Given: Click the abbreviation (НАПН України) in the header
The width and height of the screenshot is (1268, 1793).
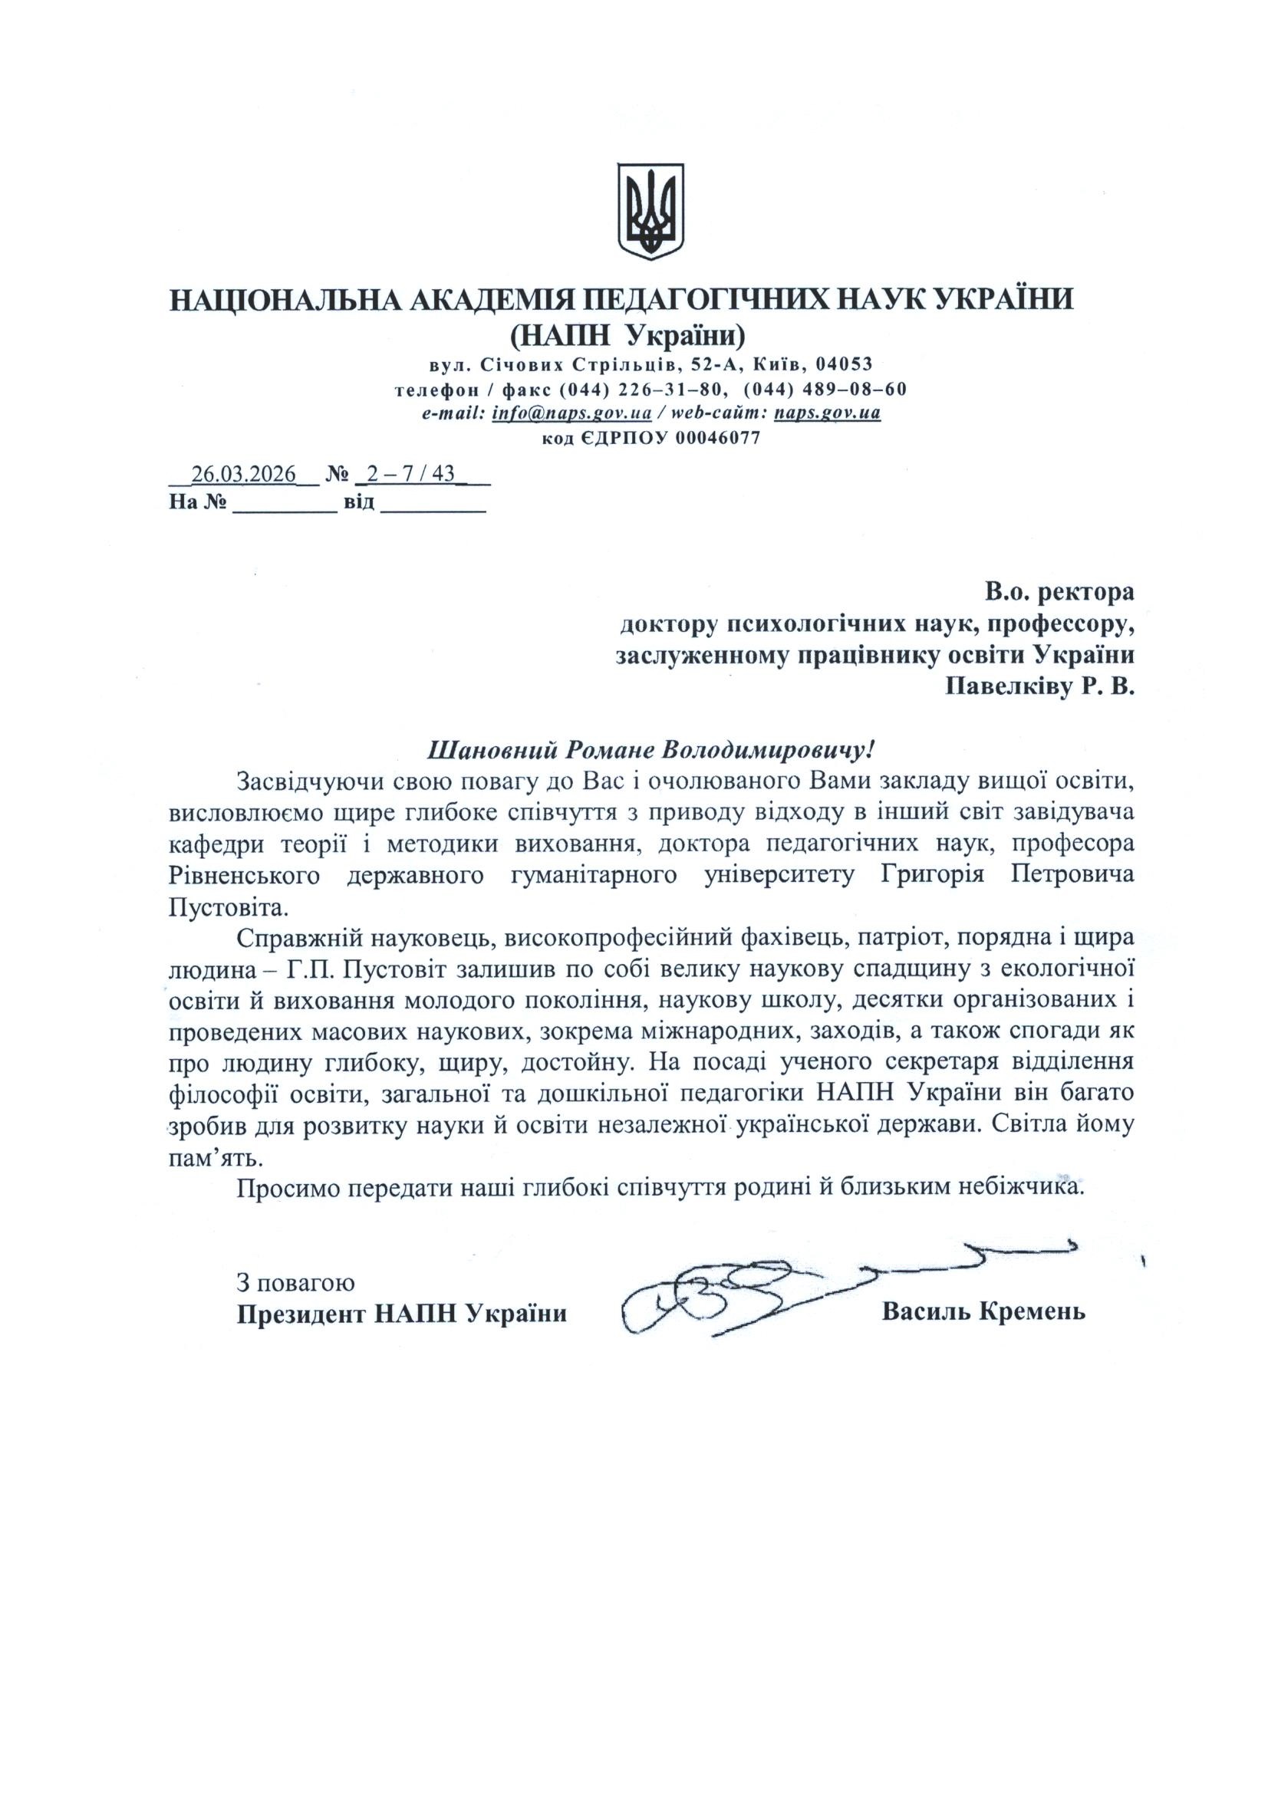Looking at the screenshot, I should click(627, 335).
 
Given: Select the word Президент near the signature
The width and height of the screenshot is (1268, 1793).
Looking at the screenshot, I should click(301, 1313).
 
